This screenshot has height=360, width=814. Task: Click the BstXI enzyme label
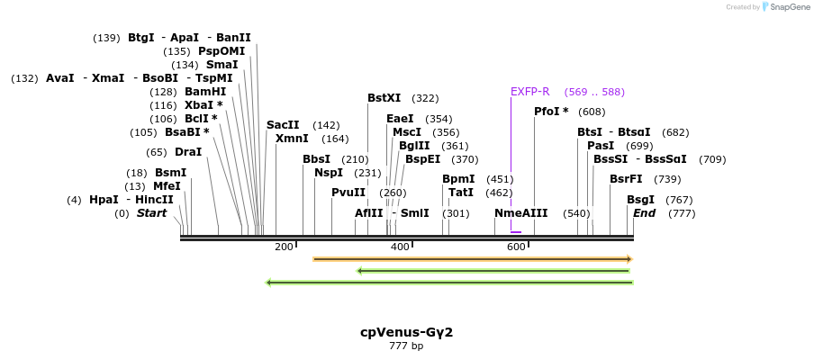(x=384, y=98)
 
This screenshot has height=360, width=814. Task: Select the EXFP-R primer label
(x=529, y=92)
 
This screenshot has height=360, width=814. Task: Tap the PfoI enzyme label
(x=551, y=112)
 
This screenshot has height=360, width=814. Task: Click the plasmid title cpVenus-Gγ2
(x=406, y=332)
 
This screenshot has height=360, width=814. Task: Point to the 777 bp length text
(x=406, y=346)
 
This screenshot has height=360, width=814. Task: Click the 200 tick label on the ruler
(x=284, y=247)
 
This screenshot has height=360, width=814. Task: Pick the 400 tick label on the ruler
(x=400, y=247)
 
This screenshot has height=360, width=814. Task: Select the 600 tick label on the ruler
(x=516, y=247)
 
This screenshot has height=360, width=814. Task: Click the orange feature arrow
(x=472, y=259)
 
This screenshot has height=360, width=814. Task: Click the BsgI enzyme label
(x=641, y=200)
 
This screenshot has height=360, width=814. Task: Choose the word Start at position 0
(x=151, y=213)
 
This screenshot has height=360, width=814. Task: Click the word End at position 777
(x=644, y=213)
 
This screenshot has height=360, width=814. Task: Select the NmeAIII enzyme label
(x=520, y=213)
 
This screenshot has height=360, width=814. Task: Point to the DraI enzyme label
(x=187, y=152)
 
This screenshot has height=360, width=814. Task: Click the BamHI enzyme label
(x=205, y=92)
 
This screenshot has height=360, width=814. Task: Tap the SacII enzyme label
(x=283, y=125)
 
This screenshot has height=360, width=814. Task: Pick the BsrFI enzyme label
(x=626, y=179)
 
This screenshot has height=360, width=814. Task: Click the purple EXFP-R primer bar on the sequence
(x=516, y=232)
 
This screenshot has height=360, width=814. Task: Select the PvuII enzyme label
(x=348, y=193)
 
